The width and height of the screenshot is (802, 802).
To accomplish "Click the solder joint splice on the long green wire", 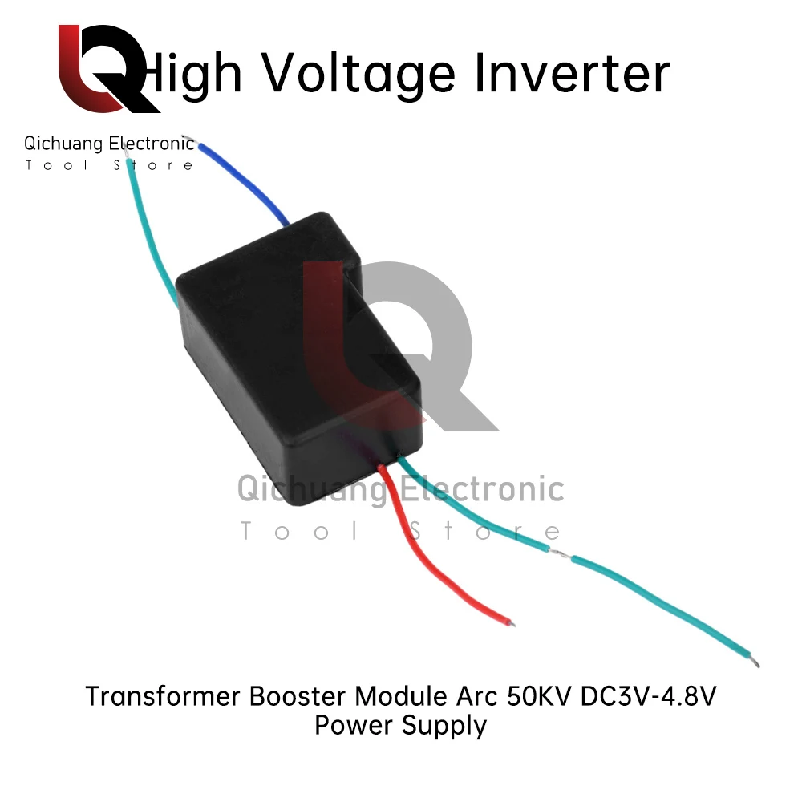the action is click(x=561, y=553).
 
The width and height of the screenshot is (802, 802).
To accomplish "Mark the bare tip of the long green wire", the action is click(x=755, y=662).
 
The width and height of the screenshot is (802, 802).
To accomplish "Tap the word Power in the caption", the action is click(x=352, y=725).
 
